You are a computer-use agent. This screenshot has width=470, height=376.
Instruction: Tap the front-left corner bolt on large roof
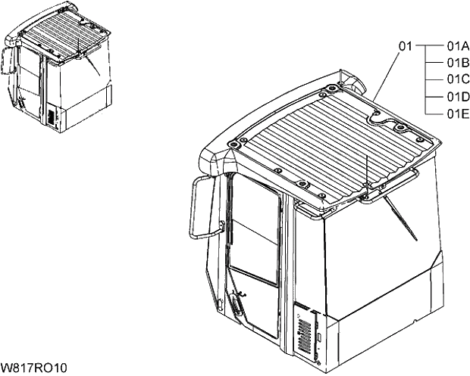coord(241,143)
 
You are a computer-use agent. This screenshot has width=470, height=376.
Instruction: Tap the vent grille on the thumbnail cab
coord(52,117)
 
